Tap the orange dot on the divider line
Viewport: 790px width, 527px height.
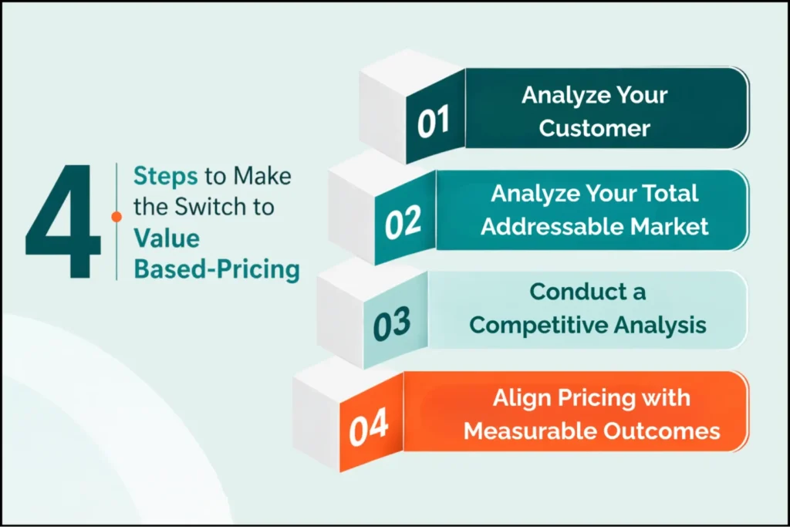[116, 217]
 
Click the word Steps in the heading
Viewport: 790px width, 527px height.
[166, 176]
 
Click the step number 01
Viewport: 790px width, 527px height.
[434, 124]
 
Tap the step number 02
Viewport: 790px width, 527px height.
[403, 223]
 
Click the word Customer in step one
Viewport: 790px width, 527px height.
[594, 127]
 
